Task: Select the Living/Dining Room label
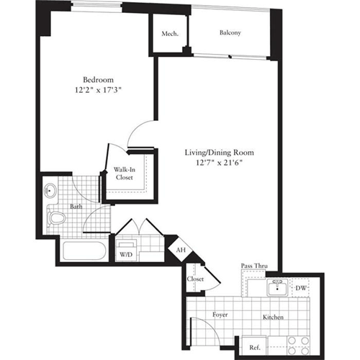[x=221, y=153]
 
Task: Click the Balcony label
[x=230, y=33]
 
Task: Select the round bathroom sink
[x=52, y=192]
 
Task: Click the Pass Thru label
[x=254, y=267]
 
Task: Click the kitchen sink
[x=274, y=289]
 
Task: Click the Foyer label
[x=220, y=315]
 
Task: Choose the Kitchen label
[x=272, y=317]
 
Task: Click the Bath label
[x=76, y=207]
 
